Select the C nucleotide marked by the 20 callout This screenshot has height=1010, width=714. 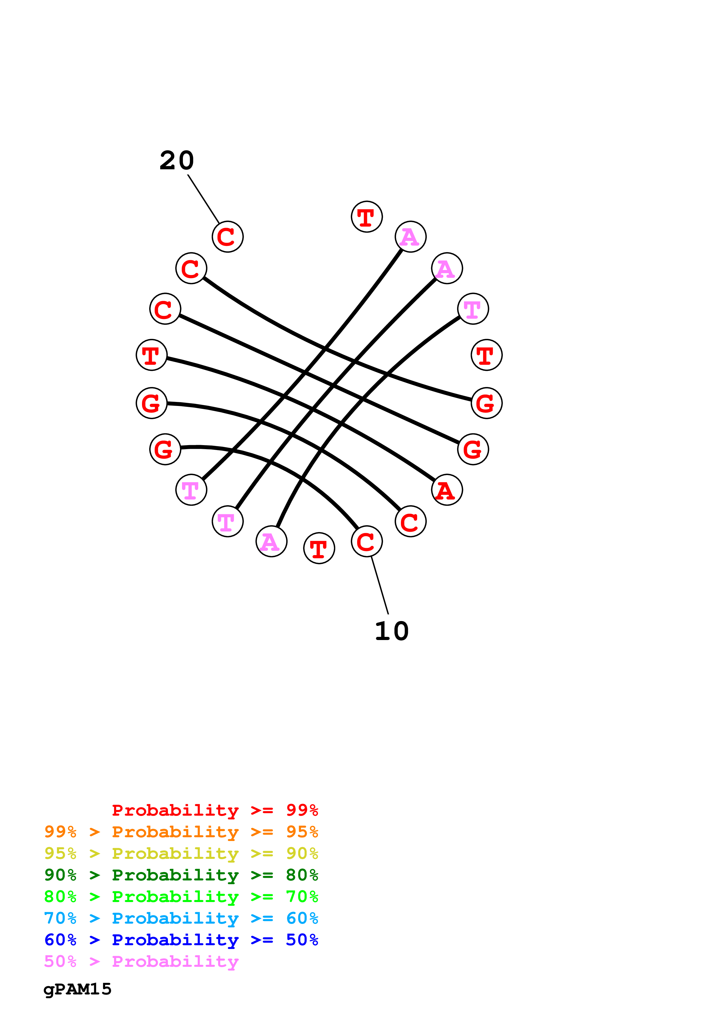pos(228,237)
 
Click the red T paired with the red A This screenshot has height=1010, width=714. pos(151,355)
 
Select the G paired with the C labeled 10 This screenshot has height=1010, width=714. pos(165,449)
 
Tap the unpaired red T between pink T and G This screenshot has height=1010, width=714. pos(486,355)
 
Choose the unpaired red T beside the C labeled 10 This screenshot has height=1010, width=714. pos(319,548)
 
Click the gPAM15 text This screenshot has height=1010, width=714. pos(77,989)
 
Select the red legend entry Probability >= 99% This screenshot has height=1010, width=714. pos(215,810)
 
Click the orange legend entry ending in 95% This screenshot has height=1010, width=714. pos(181,832)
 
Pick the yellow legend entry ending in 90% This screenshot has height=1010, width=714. pos(181,853)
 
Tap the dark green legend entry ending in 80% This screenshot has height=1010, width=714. pos(181,875)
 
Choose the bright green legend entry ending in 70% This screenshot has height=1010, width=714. pos(181,897)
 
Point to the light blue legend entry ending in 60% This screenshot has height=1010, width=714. pos(181,918)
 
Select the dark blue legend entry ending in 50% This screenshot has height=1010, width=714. pos(181,940)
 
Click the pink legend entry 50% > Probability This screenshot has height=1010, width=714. pos(141,961)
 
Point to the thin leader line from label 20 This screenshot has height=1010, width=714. pos(203,199)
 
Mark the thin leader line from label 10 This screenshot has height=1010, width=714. pos(380,586)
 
